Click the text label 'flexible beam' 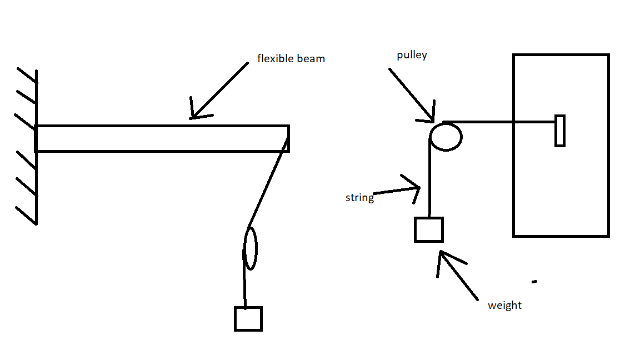click(x=291, y=58)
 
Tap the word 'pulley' click(x=412, y=56)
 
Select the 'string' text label click(x=359, y=198)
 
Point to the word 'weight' click(x=504, y=306)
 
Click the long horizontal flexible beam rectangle click(x=162, y=138)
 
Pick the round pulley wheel click(x=446, y=136)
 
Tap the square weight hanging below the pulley click(x=429, y=229)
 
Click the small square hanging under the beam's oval click(x=248, y=318)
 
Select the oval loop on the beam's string click(x=251, y=248)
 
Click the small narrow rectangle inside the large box click(x=560, y=131)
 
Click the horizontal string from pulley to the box click(x=500, y=121)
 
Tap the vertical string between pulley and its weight click(x=429, y=178)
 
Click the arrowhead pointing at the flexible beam click(x=195, y=114)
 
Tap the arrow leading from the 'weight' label click(x=458, y=275)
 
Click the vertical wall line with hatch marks click(x=36, y=147)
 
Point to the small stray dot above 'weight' click(x=534, y=282)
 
